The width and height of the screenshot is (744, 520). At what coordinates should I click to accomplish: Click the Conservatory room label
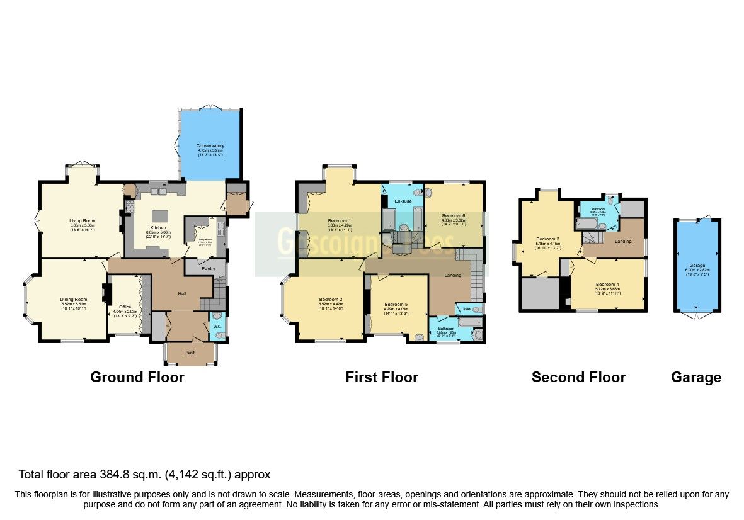click(x=211, y=146)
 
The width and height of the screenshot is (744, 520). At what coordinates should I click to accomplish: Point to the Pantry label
click(x=200, y=268)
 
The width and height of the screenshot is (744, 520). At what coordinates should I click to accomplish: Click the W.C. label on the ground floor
click(x=216, y=326)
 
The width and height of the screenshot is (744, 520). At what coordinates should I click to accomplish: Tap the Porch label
click(x=190, y=353)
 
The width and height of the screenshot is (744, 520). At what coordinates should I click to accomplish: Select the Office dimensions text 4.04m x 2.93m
click(x=125, y=312)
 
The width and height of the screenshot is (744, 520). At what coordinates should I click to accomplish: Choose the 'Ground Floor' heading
click(x=137, y=377)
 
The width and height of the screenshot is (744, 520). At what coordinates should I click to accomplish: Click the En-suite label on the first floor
click(x=403, y=201)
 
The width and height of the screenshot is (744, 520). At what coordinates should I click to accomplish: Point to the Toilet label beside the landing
click(x=467, y=309)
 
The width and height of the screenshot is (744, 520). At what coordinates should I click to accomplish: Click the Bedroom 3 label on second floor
click(x=547, y=239)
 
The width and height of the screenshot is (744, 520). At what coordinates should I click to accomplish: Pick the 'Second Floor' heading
click(x=578, y=377)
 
